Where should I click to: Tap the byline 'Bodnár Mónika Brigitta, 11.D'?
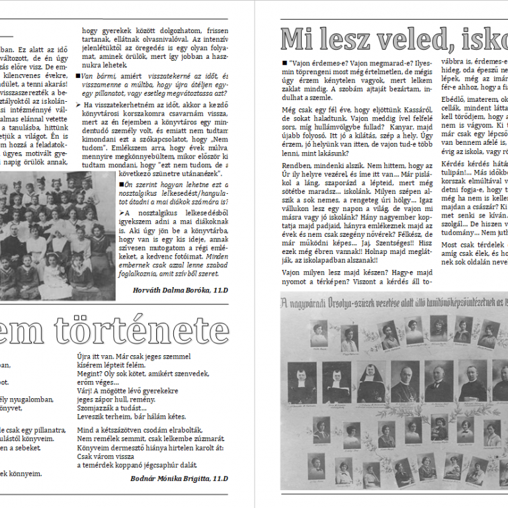(x=179, y=478)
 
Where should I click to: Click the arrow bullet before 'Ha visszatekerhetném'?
(x=79, y=105)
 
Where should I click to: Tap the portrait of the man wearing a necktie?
(x=439, y=380)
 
